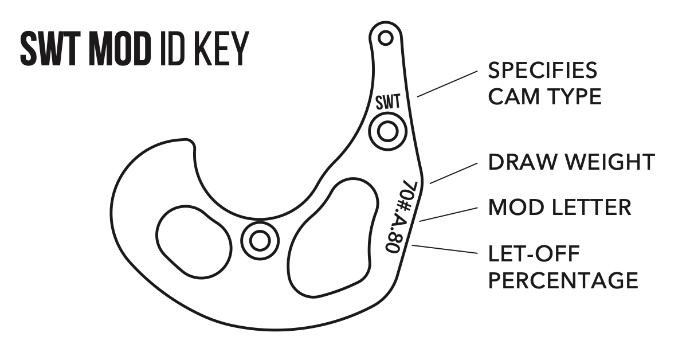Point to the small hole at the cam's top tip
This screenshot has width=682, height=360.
tap(385, 38)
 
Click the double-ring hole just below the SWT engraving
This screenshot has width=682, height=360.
tap(387, 131)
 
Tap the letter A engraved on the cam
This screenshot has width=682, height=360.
tap(403, 221)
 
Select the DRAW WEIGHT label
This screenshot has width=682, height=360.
tap(571, 162)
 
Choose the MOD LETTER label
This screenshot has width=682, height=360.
tap(559, 207)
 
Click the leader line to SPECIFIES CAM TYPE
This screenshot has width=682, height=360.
tap(448, 84)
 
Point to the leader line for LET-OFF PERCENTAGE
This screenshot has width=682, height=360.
tap(445, 249)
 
